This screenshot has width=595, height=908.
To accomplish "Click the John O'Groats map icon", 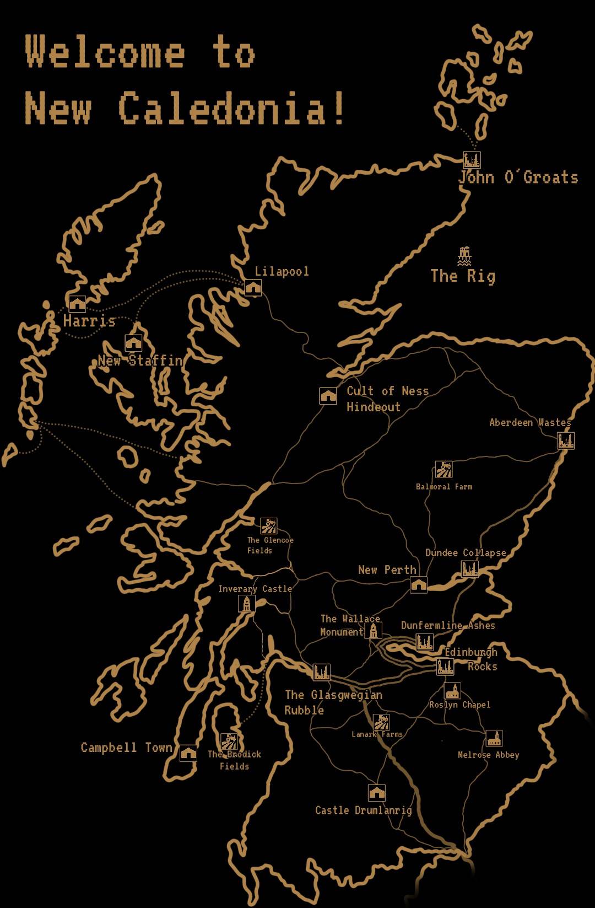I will (472, 160).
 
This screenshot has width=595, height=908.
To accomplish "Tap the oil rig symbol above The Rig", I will (464, 256).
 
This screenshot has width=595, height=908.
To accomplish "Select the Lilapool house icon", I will (253, 287).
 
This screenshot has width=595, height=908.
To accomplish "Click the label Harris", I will (89, 321).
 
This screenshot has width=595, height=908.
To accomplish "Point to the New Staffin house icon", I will (133, 343).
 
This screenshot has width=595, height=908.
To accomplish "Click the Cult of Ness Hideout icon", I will (328, 396).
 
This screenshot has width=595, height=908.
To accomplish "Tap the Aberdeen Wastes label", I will (530, 423).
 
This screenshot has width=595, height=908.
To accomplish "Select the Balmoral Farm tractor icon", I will (443, 470).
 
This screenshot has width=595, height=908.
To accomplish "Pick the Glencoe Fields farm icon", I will (269, 526).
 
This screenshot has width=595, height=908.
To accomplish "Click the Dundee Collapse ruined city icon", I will (469, 569).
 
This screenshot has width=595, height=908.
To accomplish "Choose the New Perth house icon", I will (419, 584).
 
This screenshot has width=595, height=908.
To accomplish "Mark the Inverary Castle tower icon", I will (246, 604).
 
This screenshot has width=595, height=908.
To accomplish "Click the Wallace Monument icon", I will (373, 630).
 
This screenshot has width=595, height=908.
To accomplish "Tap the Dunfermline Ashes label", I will (448, 625).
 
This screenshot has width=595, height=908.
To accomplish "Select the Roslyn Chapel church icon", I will (452, 691).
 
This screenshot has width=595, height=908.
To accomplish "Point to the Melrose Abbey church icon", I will (494, 738).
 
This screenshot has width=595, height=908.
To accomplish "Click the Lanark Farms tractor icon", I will (381, 722).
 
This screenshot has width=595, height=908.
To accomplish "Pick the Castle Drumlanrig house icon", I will (376, 793).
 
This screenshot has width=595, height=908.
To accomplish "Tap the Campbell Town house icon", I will (188, 753).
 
